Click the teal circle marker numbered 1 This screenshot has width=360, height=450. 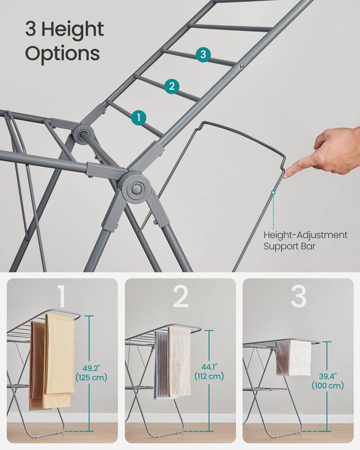click(139, 117)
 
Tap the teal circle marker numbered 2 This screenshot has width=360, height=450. click(171, 86)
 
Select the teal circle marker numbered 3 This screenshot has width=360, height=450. click(203, 55)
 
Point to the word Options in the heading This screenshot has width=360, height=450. click(62, 54)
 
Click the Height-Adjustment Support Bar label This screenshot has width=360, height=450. click(305, 240)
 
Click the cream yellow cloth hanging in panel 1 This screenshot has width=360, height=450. click(59, 355)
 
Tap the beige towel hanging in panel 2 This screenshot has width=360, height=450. click(179, 360)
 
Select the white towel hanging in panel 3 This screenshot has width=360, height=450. click(299, 358)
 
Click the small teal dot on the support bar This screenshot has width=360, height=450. click(273, 192)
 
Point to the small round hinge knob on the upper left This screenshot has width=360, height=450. click(82, 134)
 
